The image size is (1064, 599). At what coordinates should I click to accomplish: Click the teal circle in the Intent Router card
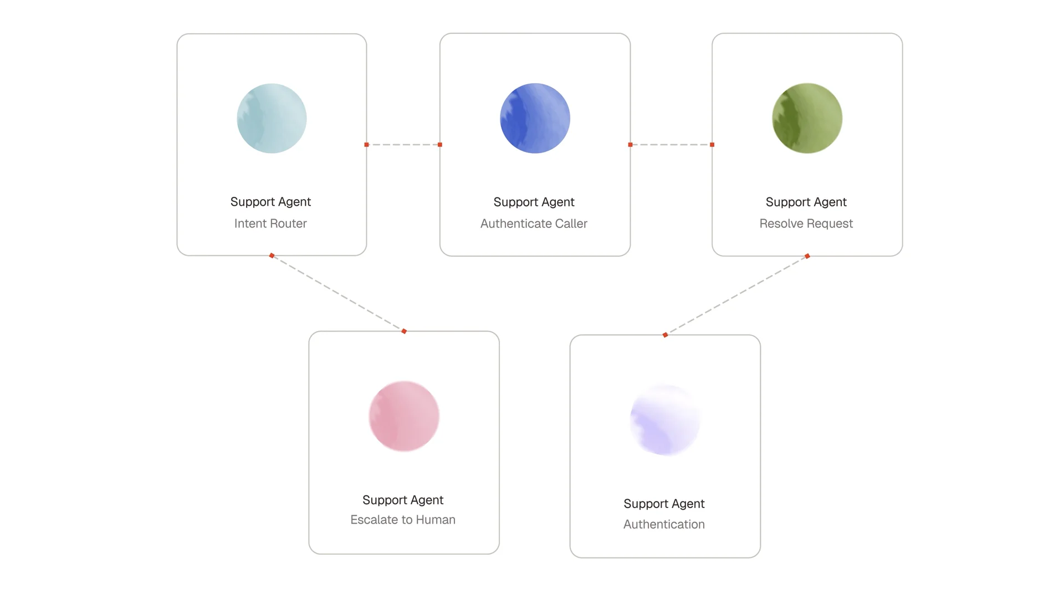pyautogui.click(x=272, y=118)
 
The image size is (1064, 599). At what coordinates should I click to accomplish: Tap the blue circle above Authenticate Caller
pyautogui.click(x=535, y=118)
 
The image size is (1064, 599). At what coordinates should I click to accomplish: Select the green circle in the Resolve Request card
pyautogui.click(x=807, y=118)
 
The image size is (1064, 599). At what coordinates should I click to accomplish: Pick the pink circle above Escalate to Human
pyautogui.click(x=404, y=416)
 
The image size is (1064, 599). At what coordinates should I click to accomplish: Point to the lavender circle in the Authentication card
pyautogui.click(x=665, y=420)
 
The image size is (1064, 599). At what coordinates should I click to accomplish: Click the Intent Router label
pyautogui.click(x=270, y=224)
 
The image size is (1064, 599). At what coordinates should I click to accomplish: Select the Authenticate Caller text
pyautogui.click(x=534, y=224)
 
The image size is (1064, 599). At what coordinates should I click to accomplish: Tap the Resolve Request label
pyautogui.click(x=806, y=224)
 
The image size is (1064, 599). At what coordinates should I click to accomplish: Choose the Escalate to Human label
pyautogui.click(x=403, y=520)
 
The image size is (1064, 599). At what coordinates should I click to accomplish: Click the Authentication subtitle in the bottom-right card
pyautogui.click(x=664, y=524)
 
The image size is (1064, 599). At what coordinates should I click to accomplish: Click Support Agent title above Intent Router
pyautogui.click(x=270, y=202)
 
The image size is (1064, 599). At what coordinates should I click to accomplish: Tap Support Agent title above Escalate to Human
pyautogui.click(x=403, y=500)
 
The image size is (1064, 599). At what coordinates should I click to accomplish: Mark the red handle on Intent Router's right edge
pyautogui.click(x=366, y=145)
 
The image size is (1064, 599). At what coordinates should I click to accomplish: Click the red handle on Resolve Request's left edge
pyautogui.click(x=712, y=145)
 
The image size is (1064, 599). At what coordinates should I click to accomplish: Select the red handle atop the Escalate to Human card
pyautogui.click(x=404, y=331)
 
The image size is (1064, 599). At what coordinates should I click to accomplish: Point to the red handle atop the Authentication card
pyautogui.click(x=665, y=335)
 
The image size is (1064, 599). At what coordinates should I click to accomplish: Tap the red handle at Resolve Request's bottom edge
pyautogui.click(x=807, y=256)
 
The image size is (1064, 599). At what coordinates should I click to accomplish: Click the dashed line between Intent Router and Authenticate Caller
pyautogui.click(x=403, y=145)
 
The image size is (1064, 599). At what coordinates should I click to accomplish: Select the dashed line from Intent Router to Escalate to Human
pyautogui.click(x=338, y=293)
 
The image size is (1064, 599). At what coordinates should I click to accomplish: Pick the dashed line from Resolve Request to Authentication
pyautogui.click(x=736, y=296)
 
